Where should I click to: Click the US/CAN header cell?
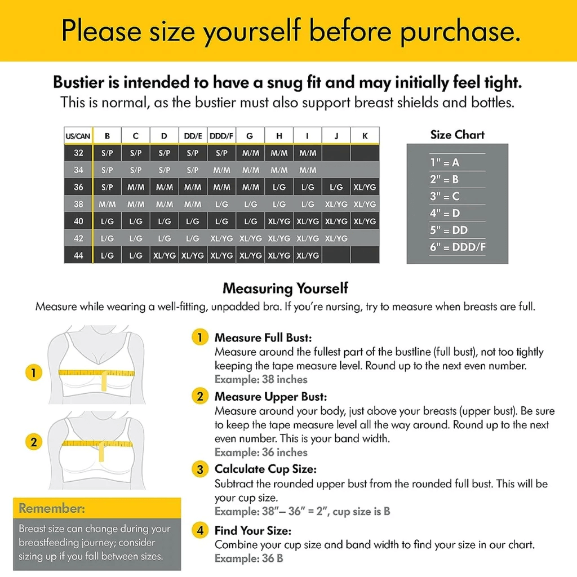[x=78, y=136]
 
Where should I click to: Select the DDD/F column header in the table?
[x=221, y=136]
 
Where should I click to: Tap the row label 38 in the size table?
[x=78, y=204]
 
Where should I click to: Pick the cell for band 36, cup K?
[x=365, y=187]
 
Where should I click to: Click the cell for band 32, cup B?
[x=107, y=153]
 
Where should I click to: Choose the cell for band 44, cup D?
[x=165, y=255]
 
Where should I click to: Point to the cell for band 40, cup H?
[x=279, y=221]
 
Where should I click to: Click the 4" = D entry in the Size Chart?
[x=445, y=213]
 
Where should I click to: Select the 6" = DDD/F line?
[x=458, y=247]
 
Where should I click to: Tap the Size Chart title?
[x=458, y=135]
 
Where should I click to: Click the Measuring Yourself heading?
[x=286, y=288]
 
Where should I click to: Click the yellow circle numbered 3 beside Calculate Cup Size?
[x=200, y=469]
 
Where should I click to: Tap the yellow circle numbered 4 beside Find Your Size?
[x=200, y=530]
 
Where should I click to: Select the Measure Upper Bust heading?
[x=270, y=397]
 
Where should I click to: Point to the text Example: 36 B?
[x=248, y=558]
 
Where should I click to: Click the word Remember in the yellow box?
[x=52, y=508]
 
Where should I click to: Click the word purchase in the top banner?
[x=460, y=32]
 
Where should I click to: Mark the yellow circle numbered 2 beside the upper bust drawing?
[x=33, y=442]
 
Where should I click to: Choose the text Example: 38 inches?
[x=261, y=379]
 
